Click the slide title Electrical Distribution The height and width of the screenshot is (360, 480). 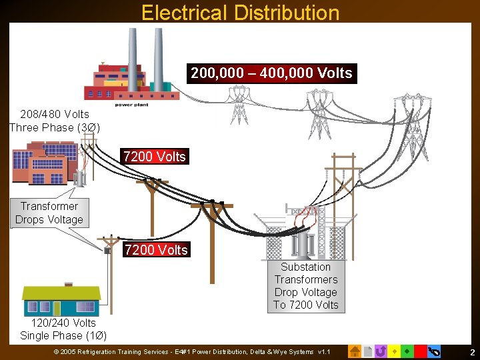(240, 13)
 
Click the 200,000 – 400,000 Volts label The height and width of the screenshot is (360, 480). (271, 73)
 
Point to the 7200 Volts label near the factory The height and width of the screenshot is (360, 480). (155, 157)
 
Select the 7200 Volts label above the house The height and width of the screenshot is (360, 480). (156, 250)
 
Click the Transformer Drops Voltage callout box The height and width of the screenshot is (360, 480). (49, 213)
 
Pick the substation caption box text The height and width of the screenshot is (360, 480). (305, 286)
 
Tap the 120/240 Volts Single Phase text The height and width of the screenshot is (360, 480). (63, 329)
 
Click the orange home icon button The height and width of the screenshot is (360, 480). (355, 351)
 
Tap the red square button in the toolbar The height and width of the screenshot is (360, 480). (420, 351)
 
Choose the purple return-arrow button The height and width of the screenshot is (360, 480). (381, 351)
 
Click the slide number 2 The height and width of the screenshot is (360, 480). (472, 352)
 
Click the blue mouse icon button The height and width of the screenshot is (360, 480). (434, 351)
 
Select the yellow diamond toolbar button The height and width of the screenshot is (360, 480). (394, 351)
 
